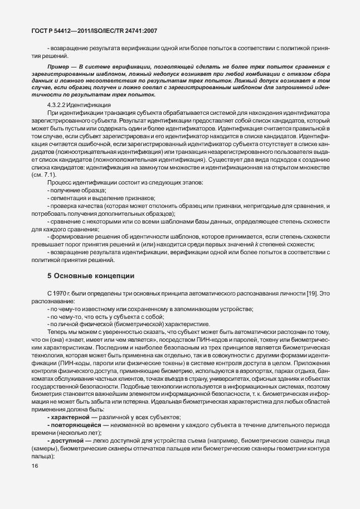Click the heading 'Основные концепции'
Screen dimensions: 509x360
(x=94, y=276)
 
